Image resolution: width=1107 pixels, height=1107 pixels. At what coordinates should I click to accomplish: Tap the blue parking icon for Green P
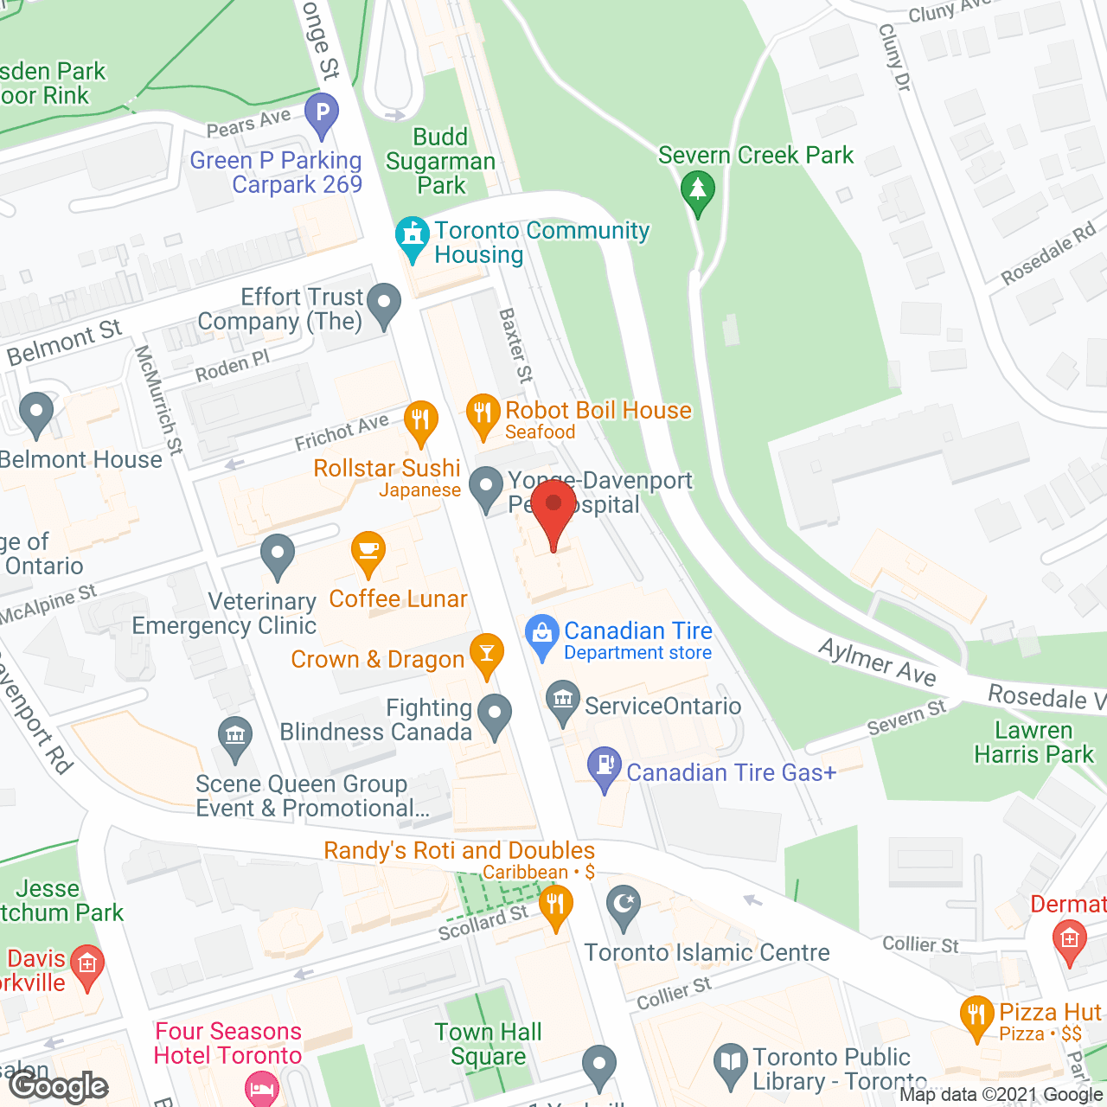[x=322, y=113]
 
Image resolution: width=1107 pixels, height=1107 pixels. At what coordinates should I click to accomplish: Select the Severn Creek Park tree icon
[x=697, y=189]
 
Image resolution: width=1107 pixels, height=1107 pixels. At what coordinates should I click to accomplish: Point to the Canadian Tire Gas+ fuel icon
[x=605, y=766]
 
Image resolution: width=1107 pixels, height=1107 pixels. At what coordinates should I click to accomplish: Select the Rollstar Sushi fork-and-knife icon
[x=420, y=422]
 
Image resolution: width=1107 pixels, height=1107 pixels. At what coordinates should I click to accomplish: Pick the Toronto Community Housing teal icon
[x=413, y=237]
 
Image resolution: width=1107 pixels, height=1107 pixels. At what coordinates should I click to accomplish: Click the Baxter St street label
[x=516, y=346]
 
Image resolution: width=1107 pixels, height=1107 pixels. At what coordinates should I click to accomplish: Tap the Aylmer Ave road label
[x=877, y=662]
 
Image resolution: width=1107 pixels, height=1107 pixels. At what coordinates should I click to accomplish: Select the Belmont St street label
[x=65, y=342]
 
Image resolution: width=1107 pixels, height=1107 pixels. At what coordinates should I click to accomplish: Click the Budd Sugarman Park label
[x=441, y=162]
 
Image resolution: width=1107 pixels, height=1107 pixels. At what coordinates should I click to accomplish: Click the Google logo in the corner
[x=59, y=1085]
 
